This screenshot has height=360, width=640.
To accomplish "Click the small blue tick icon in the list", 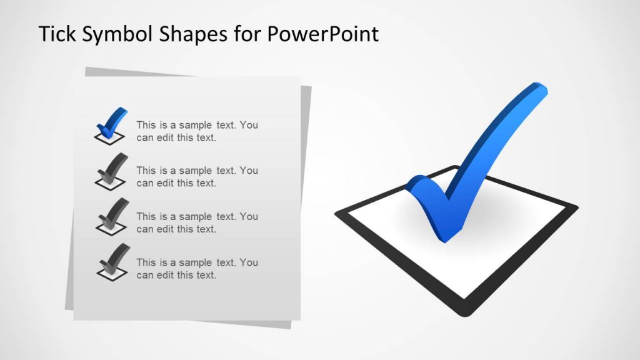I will (x=111, y=122).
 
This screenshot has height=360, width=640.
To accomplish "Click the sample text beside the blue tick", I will (x=197, y=131).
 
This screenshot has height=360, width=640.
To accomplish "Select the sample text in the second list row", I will (x=197, y=177).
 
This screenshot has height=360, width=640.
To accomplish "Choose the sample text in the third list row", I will (x=197, y=222).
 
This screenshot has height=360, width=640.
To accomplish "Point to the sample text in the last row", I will (x=197, y=269).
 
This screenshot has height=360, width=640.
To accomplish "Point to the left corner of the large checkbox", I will (x=338, y=214).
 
